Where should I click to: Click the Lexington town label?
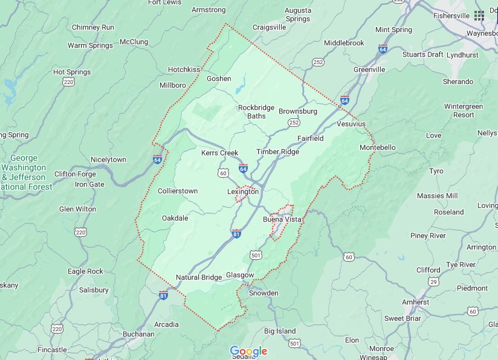[x=242, y=191]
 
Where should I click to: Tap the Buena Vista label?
[x=281, y=219]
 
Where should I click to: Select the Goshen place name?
[x=219, y=79]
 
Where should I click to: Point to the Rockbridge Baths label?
[x=256, y=112]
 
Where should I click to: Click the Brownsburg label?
[x=297, y=111]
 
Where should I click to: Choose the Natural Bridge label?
[x=199, y=277]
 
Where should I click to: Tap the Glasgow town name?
[x=239, y=275]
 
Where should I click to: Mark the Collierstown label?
[x=178, y=191]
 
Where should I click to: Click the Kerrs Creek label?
[x=220, y=153]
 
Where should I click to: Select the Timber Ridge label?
[x=277, y=152]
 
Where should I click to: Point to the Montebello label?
[x=377, y=147]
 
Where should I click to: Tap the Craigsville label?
[x=269, y=27]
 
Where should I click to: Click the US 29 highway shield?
[x=433, y=281]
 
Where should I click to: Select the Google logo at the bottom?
[x=248, y=352]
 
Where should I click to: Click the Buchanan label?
[x=138, y=333]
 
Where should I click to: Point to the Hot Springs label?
[x=72, y=72]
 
